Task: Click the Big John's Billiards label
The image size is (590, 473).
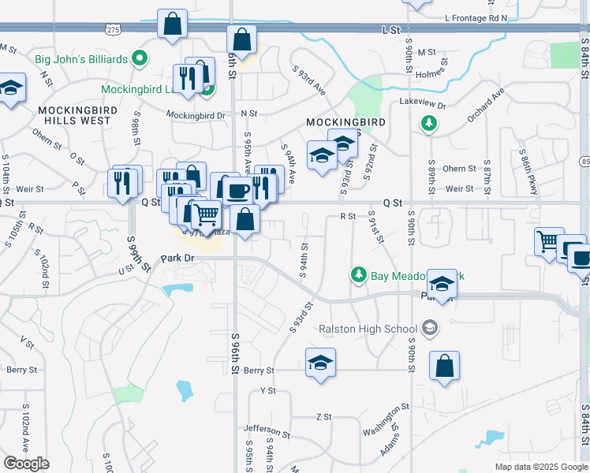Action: [80, 58]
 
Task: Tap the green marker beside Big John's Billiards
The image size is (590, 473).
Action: [140, 58]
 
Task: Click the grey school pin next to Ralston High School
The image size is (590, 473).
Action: [430, 327]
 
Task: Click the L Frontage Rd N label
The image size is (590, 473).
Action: [476, 17]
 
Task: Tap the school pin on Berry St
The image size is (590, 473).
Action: [320, 363]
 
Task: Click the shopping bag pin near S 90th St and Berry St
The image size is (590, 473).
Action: [444, 367]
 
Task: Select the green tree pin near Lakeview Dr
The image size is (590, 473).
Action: [428, 123]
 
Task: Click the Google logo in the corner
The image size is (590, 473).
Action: [26, 464]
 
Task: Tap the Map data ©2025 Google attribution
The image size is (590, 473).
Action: [541, 467]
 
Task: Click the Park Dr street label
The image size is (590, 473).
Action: [177, 258]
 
